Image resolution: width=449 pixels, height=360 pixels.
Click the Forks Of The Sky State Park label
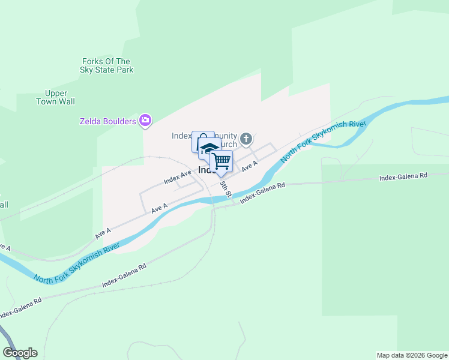(x=106, y=65)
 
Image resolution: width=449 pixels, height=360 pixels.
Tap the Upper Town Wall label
(x=60, y=97)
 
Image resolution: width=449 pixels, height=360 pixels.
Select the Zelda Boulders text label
(x=108, y=121)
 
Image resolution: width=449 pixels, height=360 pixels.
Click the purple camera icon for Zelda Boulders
(x=145, y=121)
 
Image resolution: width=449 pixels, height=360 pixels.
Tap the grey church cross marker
(x=246, y=140)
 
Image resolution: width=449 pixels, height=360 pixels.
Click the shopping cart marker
(x=221, y=161)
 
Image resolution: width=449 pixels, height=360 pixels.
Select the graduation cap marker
(x=209, y=149)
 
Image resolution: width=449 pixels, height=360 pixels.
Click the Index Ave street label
(x=177, y=177)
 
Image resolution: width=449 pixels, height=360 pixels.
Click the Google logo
(x=20, y=353)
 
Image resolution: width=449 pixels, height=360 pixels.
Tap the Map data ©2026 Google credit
(x=412, y=355)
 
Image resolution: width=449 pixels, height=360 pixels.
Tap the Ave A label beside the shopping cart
(x=250, y=166)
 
